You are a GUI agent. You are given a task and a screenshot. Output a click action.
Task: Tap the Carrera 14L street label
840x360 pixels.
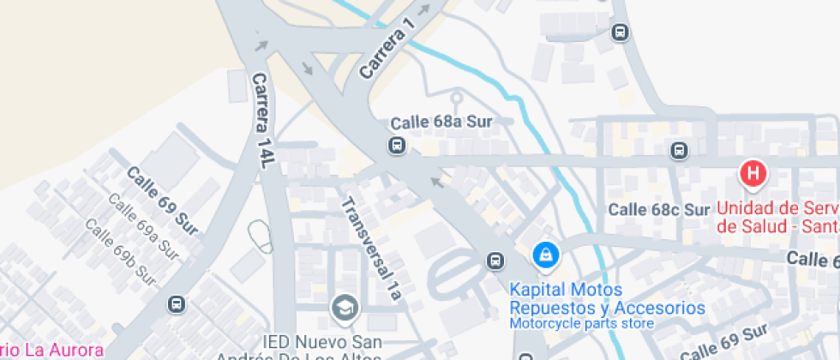261,120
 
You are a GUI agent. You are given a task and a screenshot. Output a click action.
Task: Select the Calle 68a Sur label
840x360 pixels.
441,123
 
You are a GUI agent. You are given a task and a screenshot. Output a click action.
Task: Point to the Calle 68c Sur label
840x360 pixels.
658,209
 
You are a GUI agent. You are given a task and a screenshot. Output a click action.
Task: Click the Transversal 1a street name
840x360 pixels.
371,249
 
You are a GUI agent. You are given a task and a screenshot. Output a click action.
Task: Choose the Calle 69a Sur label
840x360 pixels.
142,226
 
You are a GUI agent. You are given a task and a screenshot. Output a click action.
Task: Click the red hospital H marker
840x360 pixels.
753,173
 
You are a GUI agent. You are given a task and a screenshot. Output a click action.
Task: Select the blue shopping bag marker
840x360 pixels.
544,254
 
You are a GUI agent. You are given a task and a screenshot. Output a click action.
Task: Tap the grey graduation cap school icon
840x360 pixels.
345,307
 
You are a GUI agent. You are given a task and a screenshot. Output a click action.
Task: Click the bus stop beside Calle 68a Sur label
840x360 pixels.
397,145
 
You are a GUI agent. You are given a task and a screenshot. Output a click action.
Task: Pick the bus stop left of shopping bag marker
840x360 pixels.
495,261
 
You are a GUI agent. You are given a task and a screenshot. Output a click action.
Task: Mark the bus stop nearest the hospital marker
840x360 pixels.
679,151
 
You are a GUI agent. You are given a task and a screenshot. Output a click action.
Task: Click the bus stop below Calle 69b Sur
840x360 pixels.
176,303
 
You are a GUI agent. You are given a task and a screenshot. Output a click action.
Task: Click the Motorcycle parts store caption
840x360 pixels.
581,324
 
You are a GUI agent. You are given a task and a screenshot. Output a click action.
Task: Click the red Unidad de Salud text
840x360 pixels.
777,217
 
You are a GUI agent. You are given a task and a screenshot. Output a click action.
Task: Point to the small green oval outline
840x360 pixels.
260,236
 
